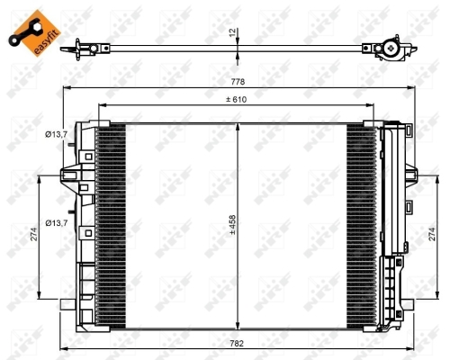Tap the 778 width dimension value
[237, 81]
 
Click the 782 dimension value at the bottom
[237, 343]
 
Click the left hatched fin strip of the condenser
[111, 225]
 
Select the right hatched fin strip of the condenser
[362, 225]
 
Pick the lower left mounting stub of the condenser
[67, 304]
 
